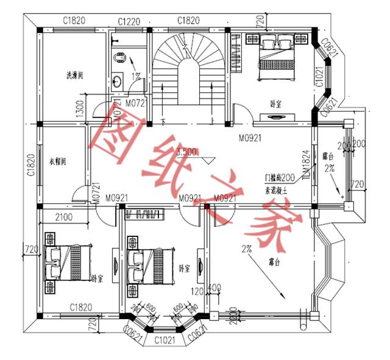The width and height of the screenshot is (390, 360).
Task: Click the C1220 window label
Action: (x=129, y=21)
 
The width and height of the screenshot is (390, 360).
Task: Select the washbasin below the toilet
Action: (x=119, y=80)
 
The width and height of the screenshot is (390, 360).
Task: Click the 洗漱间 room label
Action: (x=75, y=76)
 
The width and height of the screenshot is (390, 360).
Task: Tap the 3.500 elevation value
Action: (x=186, y=152)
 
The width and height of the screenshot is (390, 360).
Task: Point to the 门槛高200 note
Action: (x=280, y=177)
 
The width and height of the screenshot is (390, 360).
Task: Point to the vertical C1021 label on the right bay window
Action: (x=319, y=78)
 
